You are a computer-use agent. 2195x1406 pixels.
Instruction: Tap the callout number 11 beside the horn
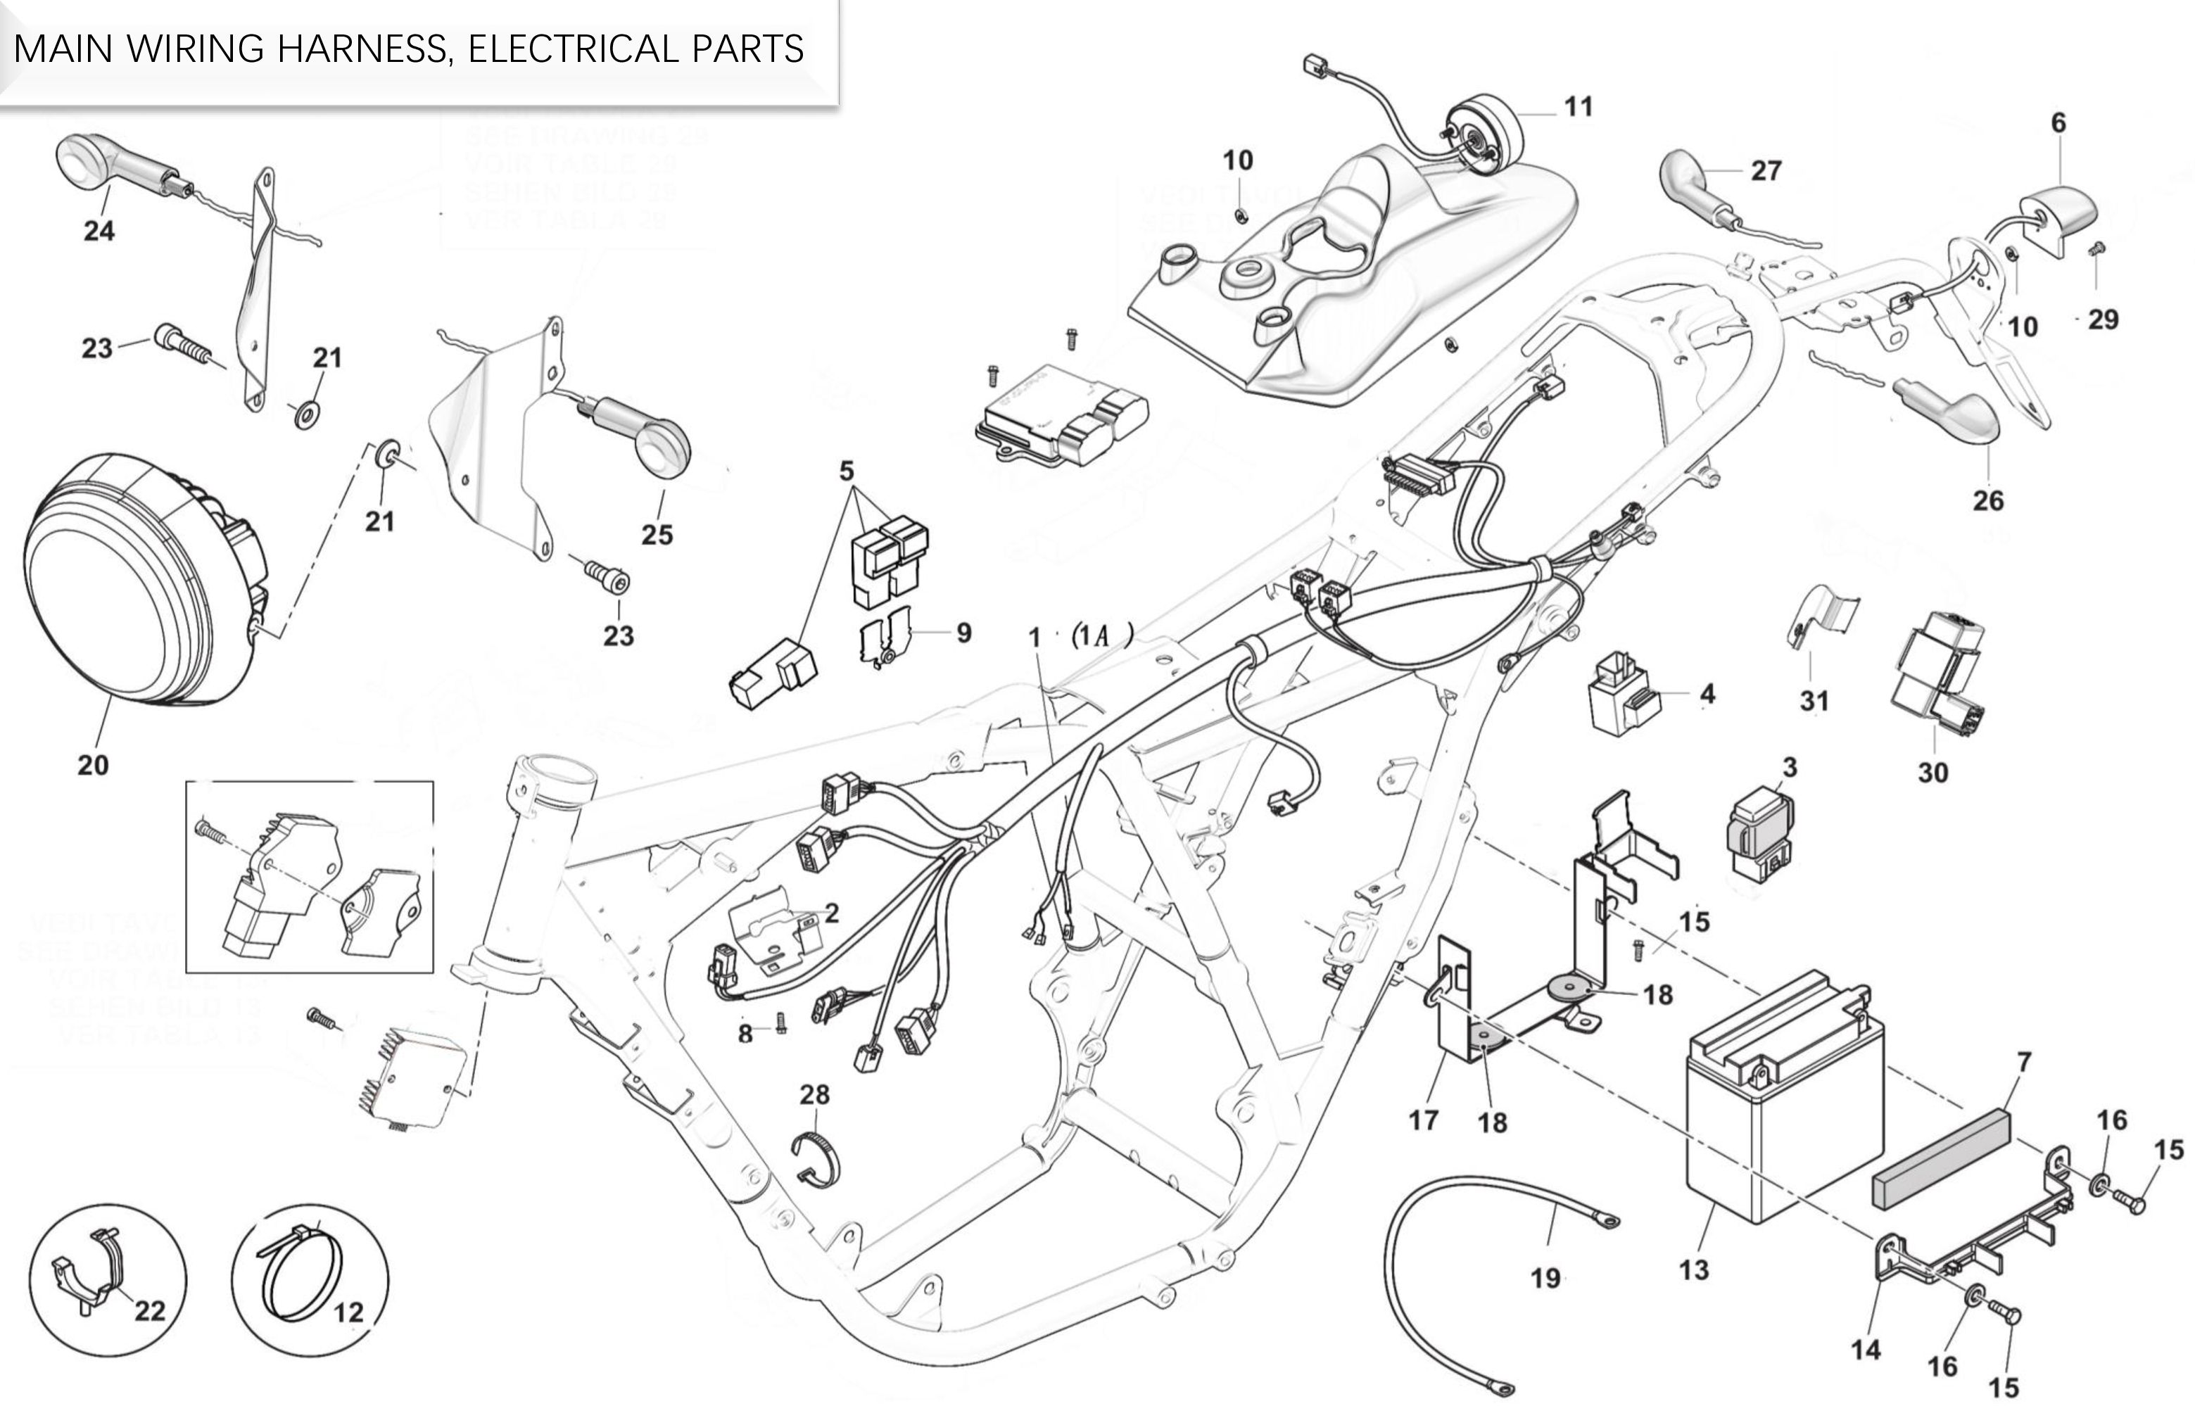click(1578, 107)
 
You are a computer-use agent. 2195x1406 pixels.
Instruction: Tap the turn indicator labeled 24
click(119, 165)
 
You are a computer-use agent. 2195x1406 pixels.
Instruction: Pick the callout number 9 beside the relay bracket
click(963, 633)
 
